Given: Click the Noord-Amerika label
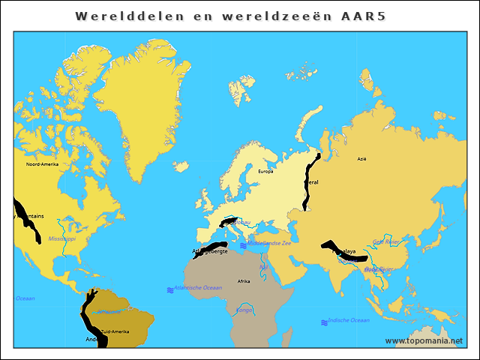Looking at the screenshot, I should click(42, 164).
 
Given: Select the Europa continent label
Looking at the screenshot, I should click(265, 172).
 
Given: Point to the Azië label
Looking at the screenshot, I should click(362, 159).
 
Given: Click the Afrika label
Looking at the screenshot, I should click(244, 281).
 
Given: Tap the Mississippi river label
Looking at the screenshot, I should click(61, 238).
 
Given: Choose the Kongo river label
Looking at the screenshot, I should click(244, 309).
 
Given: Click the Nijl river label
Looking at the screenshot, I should click(263, 267).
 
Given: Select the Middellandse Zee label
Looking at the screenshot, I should click(274, 243).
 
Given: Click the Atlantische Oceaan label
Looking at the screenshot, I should click(198, 287).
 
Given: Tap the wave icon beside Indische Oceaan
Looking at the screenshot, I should click(324, 322).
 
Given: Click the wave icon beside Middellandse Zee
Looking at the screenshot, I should click(242, 244).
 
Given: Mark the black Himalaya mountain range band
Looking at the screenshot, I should click(334, 251).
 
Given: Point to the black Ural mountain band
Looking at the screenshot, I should click(309, 184).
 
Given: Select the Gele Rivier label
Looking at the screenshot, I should click(387, 241).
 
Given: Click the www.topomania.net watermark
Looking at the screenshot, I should click(424, 340).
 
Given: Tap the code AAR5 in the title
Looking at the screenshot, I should click(361, 16).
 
